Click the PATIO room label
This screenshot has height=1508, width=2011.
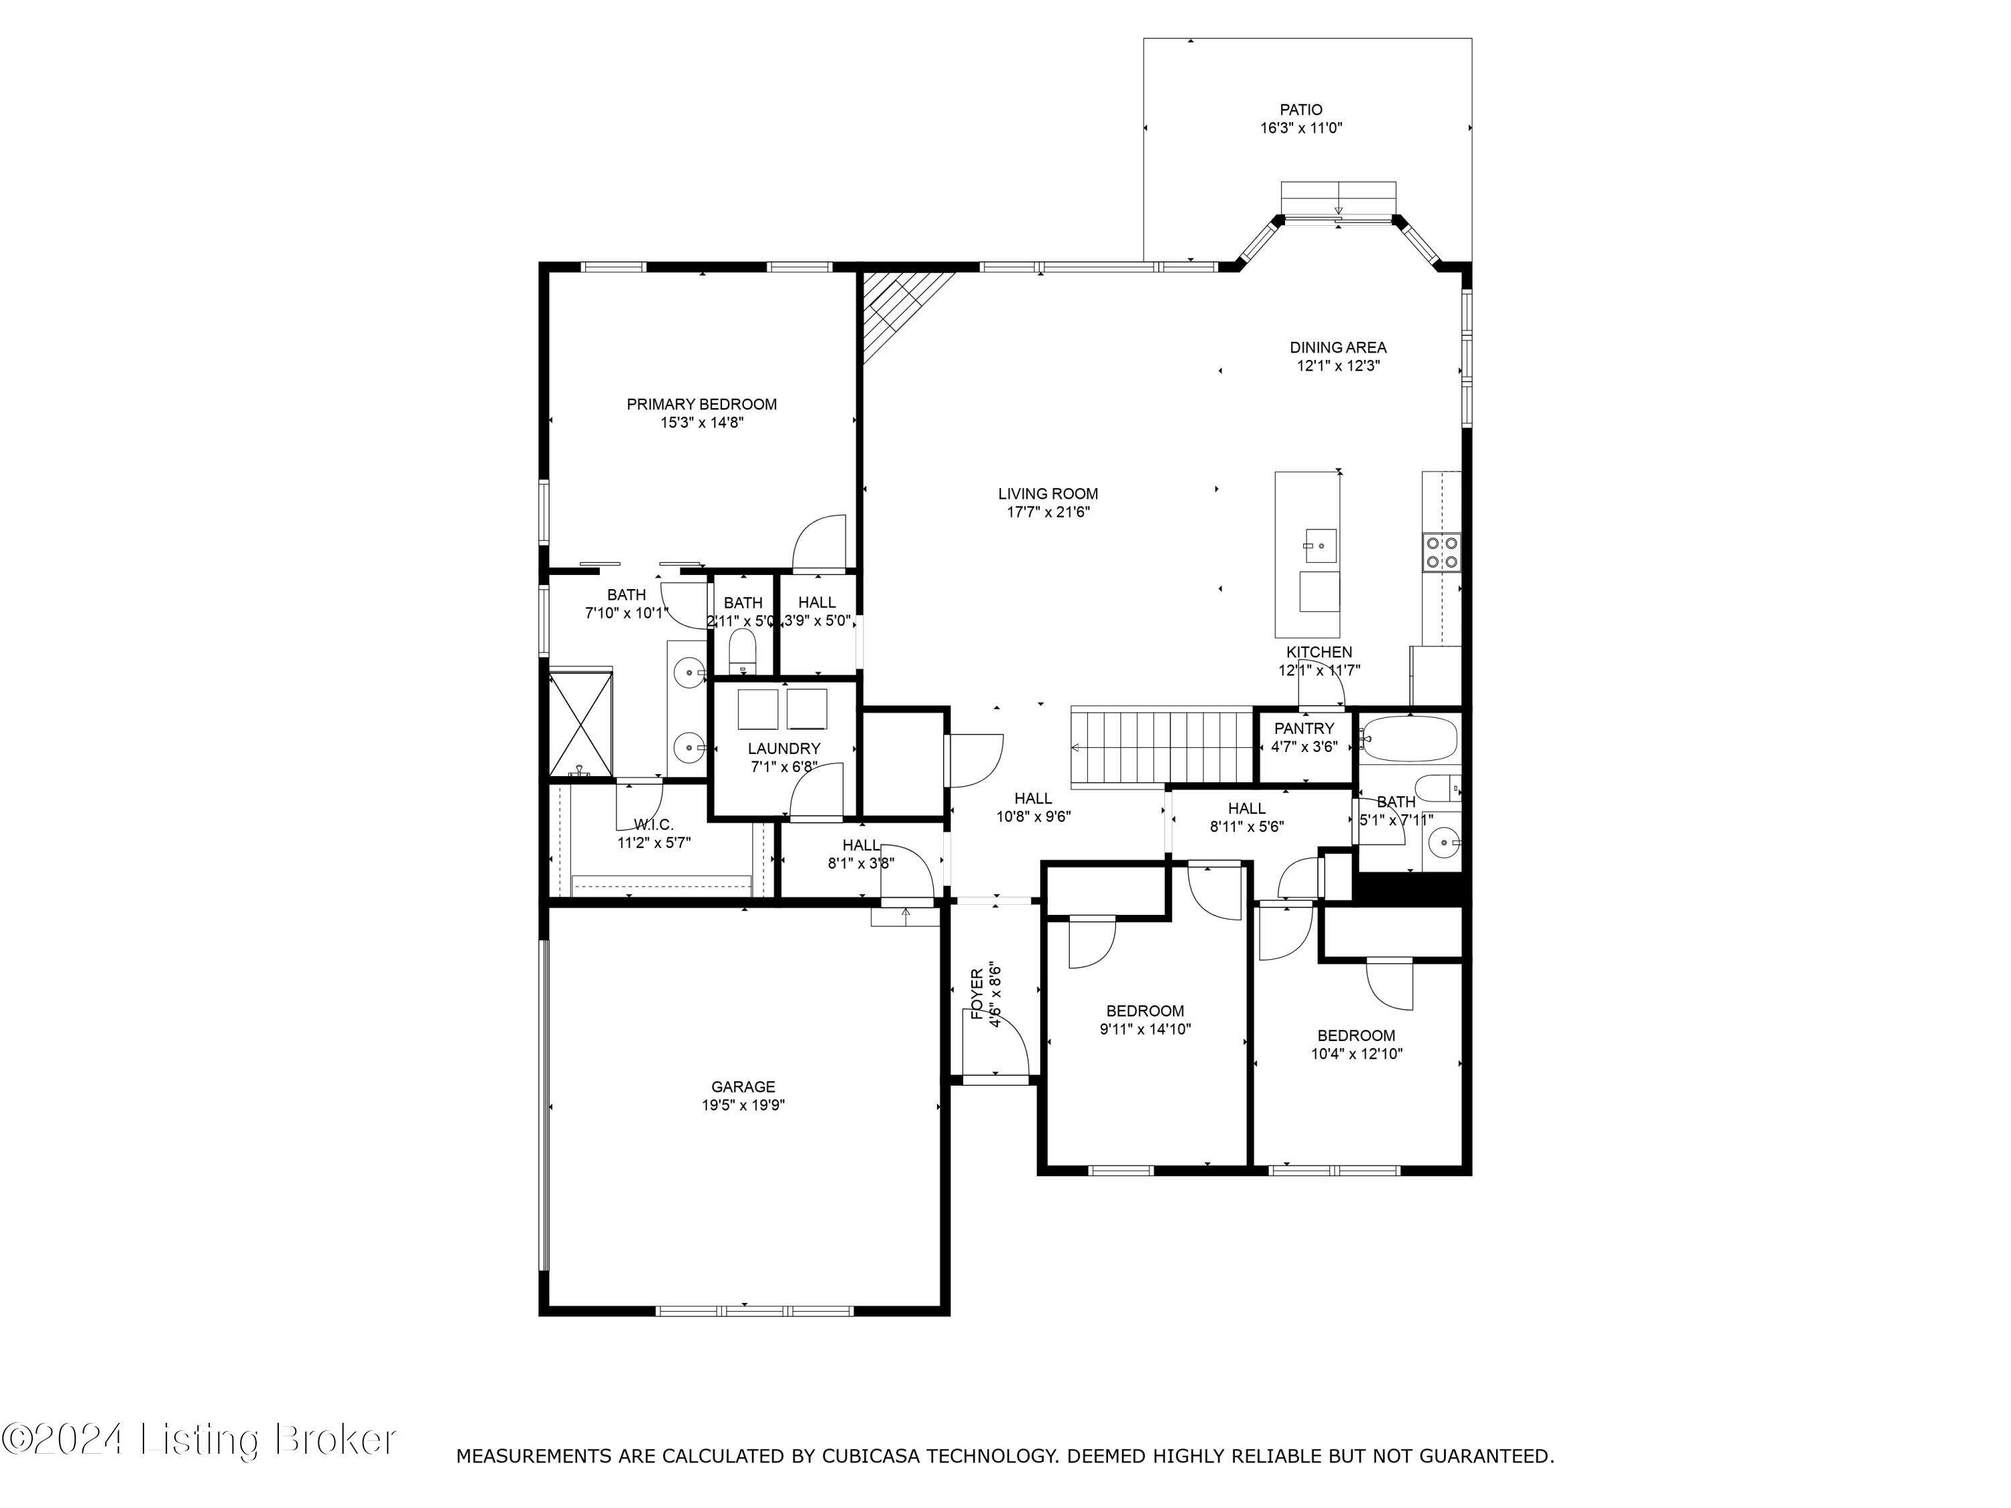pyautogui.click(x=1301, y=110)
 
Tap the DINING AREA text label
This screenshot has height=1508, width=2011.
pyautogui.click(x=1337, y=347)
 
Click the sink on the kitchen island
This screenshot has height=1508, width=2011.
pyautogui.click(x=1319, y=546)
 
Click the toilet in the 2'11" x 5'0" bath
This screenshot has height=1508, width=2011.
pyautogui.click(x=743, y=651)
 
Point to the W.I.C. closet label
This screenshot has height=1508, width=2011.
pyautogui.click(x=654, y=825)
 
